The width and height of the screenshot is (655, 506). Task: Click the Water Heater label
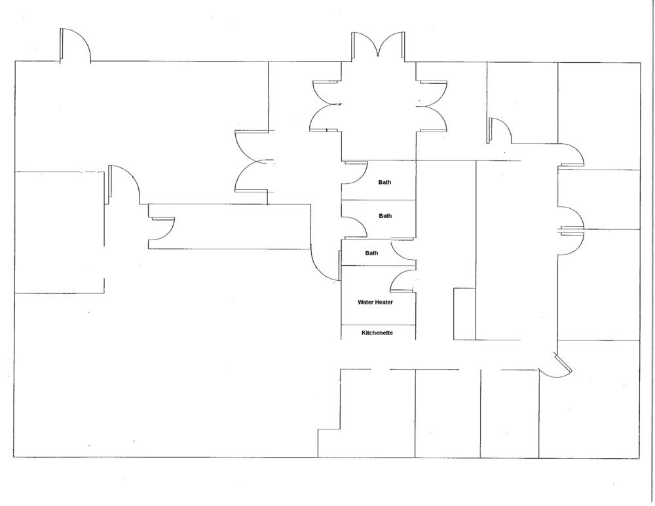375,302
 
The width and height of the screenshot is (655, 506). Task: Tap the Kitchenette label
377,333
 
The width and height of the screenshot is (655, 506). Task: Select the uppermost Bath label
384,182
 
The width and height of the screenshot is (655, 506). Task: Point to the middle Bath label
385,216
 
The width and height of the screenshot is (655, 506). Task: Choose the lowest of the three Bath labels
371,253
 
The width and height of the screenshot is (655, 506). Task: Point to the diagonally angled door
555,366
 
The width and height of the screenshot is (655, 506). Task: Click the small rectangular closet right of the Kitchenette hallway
464,314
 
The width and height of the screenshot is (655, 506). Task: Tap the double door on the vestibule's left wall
325,106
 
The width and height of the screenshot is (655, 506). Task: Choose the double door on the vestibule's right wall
432,106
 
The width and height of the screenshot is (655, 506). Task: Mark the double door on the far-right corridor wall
571,229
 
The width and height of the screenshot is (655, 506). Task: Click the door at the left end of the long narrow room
162,229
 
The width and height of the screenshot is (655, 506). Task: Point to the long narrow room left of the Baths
230,226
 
